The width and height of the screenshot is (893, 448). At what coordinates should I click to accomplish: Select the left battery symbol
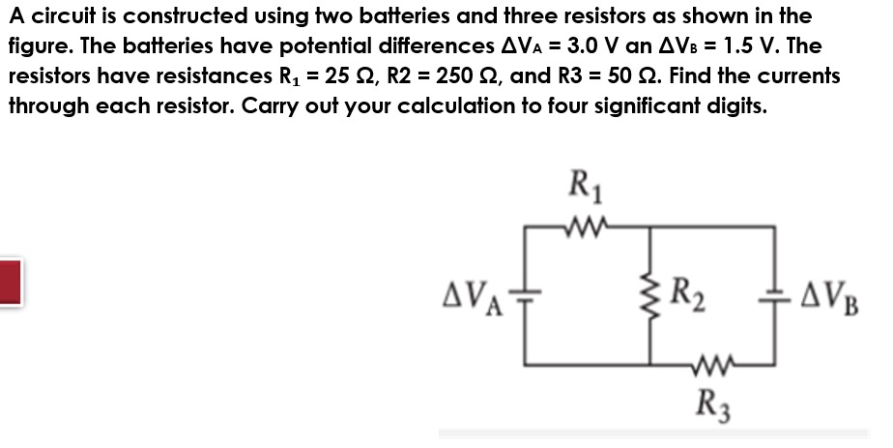pyautogui.click(x=525, y=295)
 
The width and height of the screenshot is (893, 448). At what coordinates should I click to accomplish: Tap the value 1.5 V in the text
pyautogui.click(x=734, y=46)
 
